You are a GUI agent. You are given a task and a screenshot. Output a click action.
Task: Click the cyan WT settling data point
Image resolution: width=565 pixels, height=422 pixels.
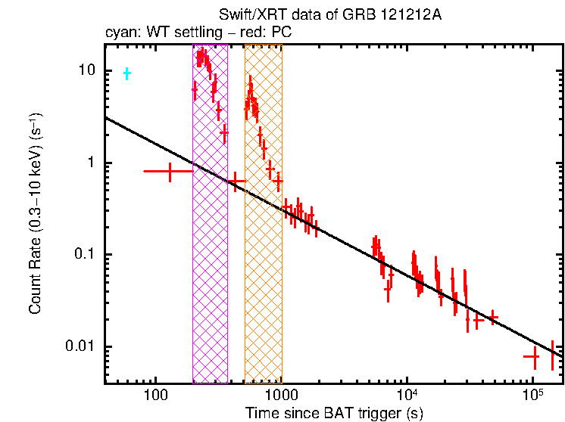pos(127,73)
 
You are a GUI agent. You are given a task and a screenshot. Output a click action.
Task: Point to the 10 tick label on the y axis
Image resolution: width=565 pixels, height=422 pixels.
pos(88,70)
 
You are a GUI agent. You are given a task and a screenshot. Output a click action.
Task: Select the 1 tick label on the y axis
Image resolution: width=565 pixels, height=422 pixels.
pos(93,163)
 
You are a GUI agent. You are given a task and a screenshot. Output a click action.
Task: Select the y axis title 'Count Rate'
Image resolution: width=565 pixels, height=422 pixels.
pos(35,215)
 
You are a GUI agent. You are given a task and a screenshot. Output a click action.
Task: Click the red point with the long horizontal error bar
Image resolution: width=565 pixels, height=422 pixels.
pos(169,172)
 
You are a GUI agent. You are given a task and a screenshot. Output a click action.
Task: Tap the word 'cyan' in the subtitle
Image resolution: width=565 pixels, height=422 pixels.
pos(118,33)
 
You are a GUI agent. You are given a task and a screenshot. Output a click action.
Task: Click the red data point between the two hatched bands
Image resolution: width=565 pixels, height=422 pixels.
pos(236,181)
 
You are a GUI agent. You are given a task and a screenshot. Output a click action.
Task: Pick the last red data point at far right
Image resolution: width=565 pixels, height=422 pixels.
pos(553,353)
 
